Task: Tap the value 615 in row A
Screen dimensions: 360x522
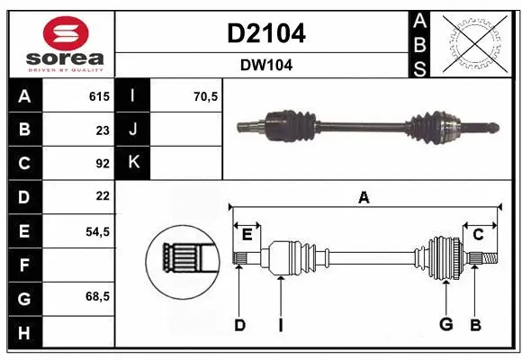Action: click(98, 96)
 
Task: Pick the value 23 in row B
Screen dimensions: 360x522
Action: click(102, 130)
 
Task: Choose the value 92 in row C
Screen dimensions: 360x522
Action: click(102, 163)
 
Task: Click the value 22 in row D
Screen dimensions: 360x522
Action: click(102, 196)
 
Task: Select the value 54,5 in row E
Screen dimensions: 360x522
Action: click(97, 230)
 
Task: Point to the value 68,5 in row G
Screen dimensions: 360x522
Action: click(97, 296)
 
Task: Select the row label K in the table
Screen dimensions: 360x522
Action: click(134, 163)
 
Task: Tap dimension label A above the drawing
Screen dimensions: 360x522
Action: click(364, 198)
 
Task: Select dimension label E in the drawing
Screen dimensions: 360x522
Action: click(247, 235)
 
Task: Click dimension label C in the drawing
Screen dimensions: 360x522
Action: click(479, 235)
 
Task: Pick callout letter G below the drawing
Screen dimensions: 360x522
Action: click(445, 325)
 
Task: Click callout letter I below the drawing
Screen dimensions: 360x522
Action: click(281, 325)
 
